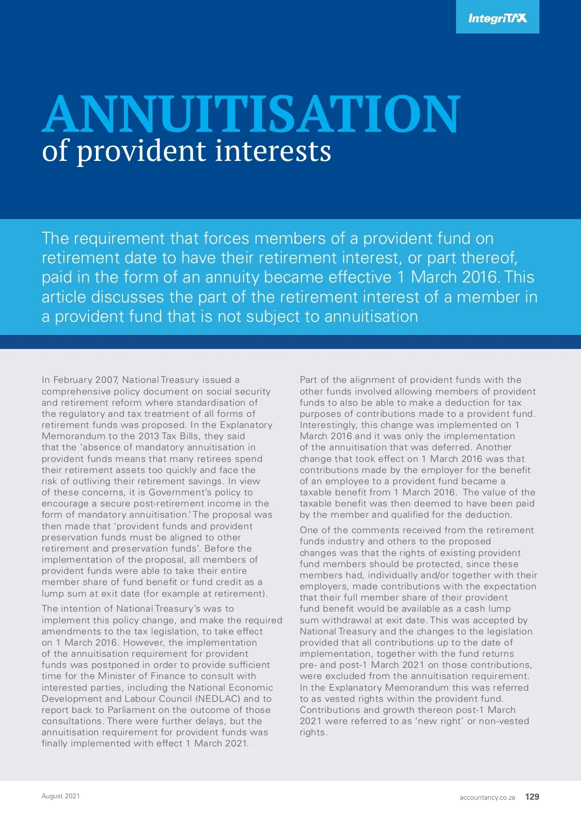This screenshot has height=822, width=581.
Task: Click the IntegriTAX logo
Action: click(x=497, y=18)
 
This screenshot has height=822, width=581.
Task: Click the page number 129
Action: click(x=532, y=797)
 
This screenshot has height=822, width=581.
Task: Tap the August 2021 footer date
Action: click(x=61, y=796)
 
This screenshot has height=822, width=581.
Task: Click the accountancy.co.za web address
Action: click(x=487, y=797)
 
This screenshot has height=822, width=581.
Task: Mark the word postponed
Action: click(x=119, y=665)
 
